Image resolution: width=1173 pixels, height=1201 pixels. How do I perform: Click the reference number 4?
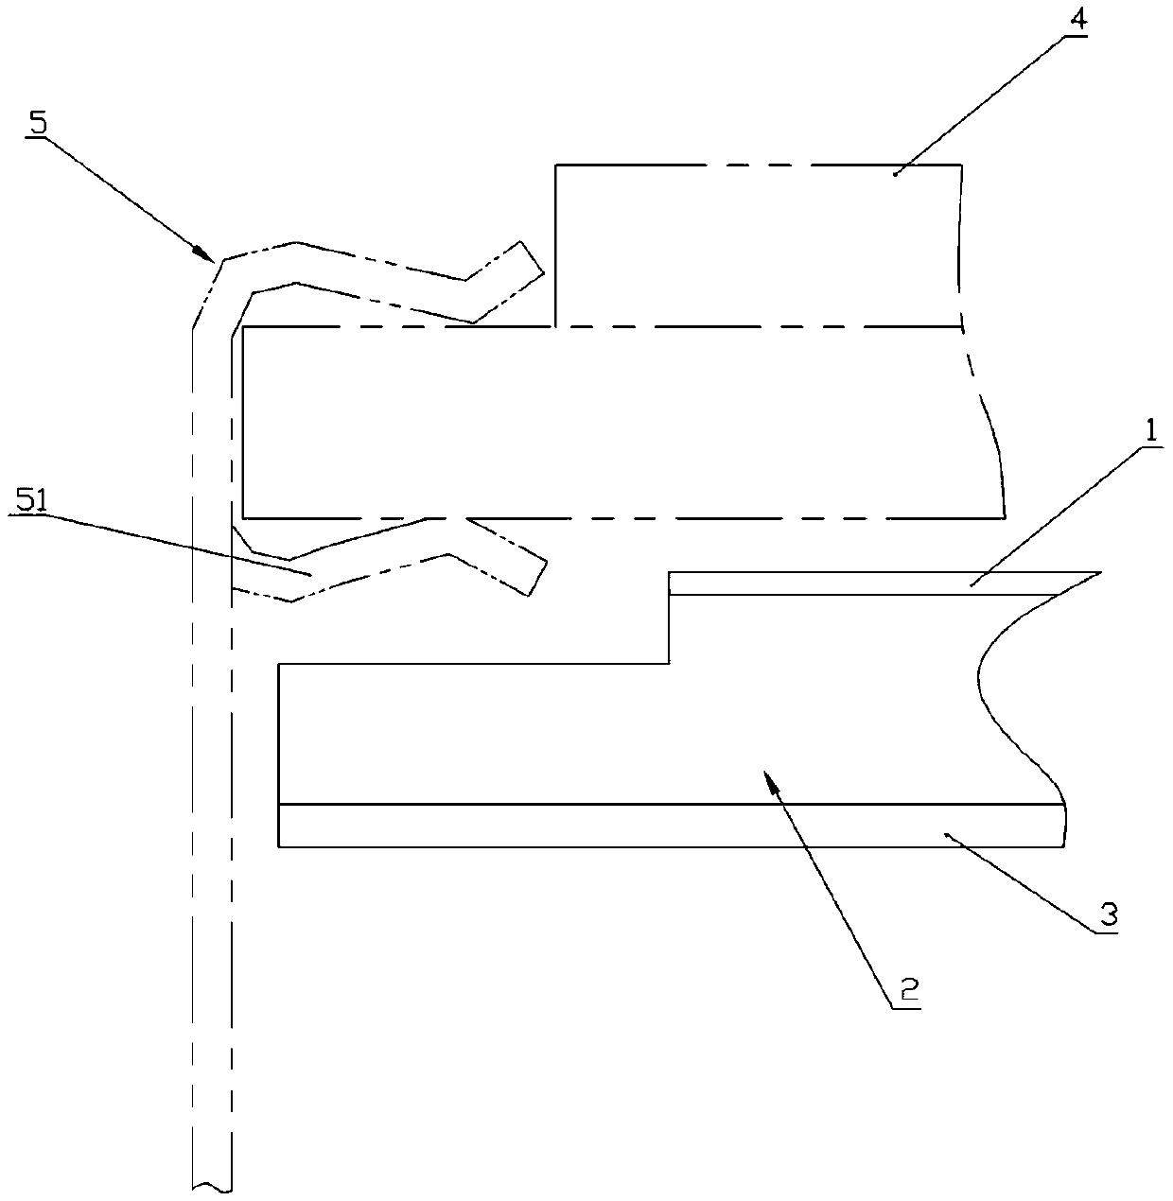1073,21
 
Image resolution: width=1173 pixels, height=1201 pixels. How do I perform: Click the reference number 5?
39,125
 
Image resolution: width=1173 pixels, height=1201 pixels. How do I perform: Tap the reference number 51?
30,503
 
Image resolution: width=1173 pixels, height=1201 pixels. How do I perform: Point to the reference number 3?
1108,914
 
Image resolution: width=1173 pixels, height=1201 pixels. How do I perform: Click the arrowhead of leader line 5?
202,253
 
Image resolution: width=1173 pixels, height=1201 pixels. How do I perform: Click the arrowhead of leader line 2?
773,779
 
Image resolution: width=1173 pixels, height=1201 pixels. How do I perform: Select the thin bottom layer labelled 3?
662,825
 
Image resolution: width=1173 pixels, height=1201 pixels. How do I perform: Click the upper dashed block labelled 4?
757,246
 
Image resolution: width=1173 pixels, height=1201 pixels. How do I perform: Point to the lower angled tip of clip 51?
535,578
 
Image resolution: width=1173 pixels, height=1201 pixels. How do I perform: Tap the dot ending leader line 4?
896,173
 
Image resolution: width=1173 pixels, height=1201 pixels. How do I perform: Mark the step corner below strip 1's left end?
670,664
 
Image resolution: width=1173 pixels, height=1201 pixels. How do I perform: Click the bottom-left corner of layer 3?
279,845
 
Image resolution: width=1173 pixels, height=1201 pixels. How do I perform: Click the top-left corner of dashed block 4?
556,165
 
